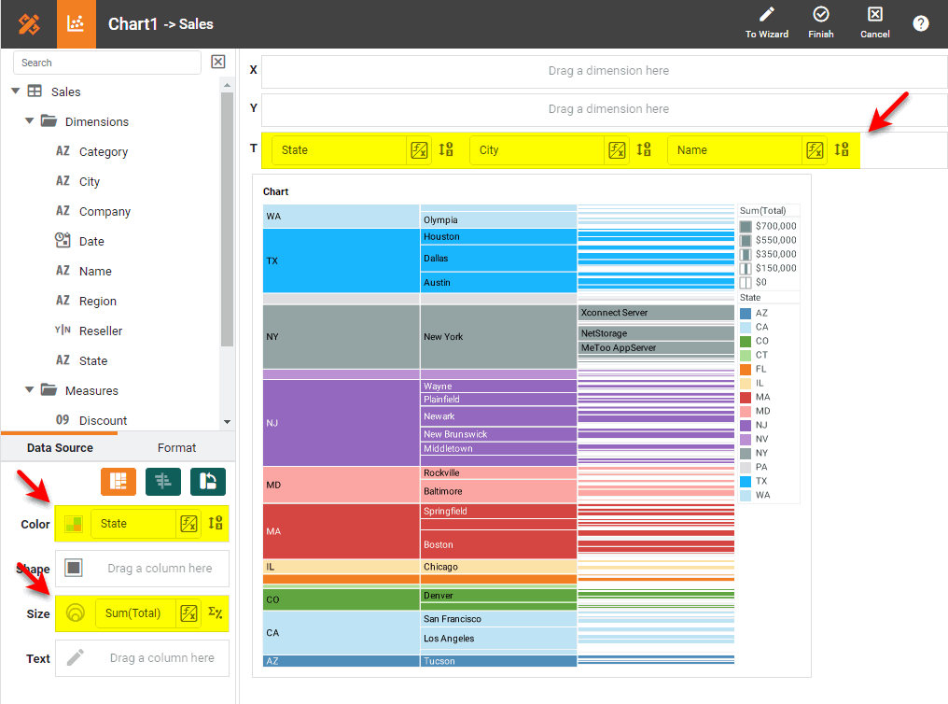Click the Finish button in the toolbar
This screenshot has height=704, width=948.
(821, 22)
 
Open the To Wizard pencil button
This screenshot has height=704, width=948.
(767, 22)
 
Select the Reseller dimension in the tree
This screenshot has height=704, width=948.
(100, 331)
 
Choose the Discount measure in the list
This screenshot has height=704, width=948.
(103, 420)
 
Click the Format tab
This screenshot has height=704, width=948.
(176, 447)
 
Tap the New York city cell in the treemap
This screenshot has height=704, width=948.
(498, 336)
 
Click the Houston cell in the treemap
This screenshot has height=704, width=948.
(498, 236)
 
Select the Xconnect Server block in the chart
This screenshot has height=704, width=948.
(656, 313)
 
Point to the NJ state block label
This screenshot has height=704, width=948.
(272, 423)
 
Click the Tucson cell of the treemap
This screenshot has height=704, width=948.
(498, 661)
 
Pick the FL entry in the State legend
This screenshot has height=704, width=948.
(761, 369)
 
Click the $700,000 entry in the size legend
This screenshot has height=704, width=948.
(775, 226)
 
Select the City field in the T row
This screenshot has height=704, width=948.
(538, 150)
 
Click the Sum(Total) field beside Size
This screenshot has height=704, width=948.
(133, 613)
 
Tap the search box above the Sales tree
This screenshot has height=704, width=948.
(106, 63)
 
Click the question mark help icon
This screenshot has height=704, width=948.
(921, 23)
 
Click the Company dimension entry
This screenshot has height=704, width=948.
(105, 211)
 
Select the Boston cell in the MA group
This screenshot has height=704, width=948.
(498, 544)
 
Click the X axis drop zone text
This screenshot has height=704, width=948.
(607, 71)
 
